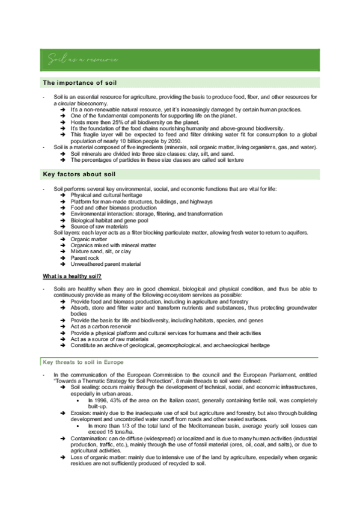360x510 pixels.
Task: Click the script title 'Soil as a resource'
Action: [83, 59]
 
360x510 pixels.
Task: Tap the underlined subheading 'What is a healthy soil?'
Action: [72, 276]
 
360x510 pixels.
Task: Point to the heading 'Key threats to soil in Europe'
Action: [83, 362]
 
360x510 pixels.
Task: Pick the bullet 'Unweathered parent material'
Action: [105, 263]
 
